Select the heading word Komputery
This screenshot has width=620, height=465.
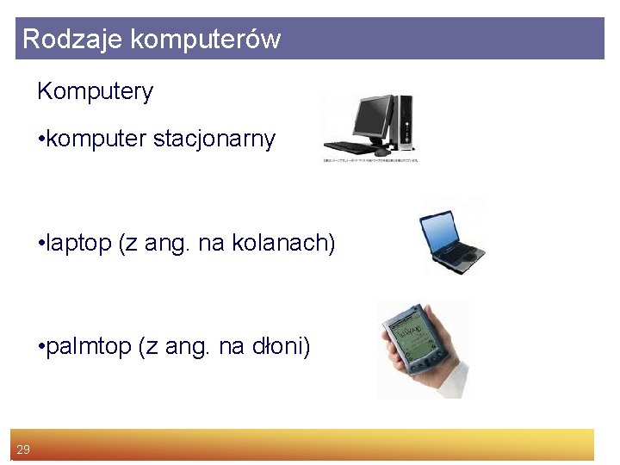tap(95, 92)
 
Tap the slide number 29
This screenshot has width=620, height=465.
tap(23, 449)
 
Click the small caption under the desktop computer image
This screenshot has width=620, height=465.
tap(370, 161)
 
